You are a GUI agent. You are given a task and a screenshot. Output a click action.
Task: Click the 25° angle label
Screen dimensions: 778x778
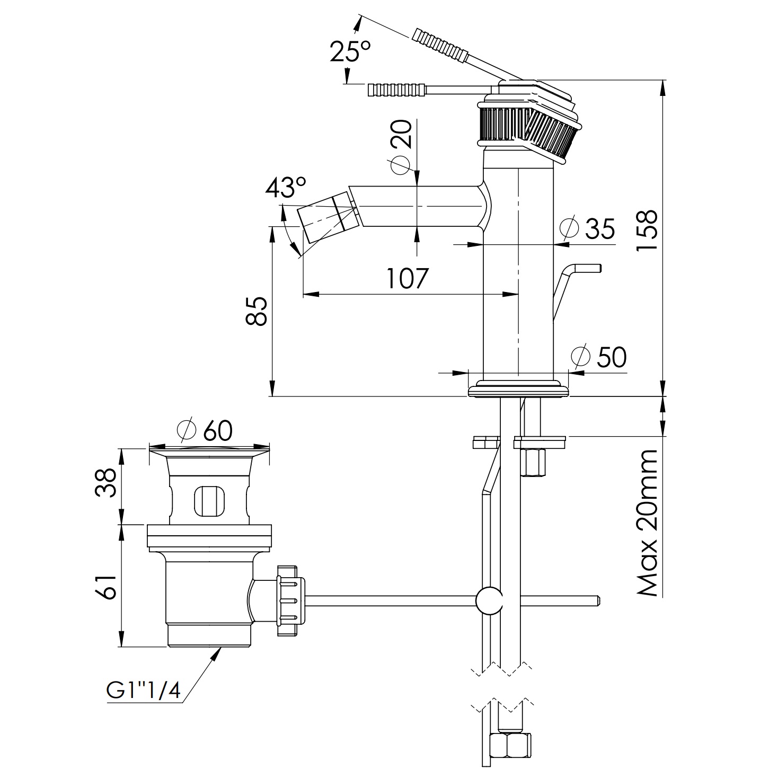coord(350,52)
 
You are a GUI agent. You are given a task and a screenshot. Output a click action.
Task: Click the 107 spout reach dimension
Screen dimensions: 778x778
coord(406,278)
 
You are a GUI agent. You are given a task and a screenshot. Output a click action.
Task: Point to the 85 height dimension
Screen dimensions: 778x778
coord(258,311)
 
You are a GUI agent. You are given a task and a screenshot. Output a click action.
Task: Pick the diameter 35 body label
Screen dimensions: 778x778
coord(588,228)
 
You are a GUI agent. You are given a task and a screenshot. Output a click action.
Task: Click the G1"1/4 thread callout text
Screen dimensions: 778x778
coord(144,691)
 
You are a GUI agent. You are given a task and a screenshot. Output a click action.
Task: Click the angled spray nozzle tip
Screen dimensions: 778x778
coord(317,223)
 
